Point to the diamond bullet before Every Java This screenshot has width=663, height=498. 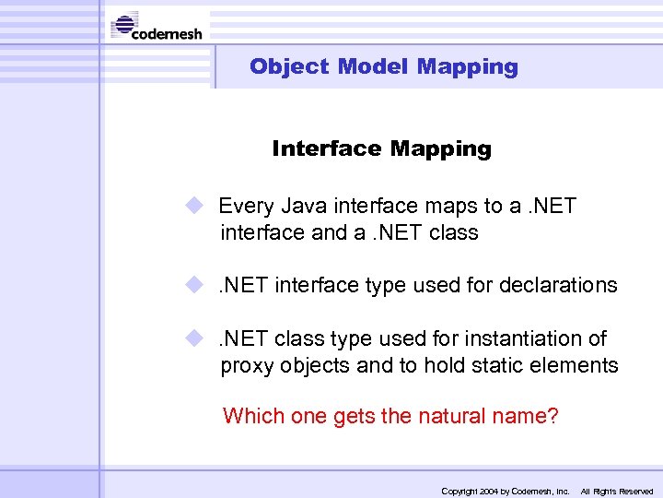tap(192, 206)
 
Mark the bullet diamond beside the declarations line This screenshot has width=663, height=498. tap(192, 285)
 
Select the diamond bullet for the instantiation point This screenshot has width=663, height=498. tap(192, 338)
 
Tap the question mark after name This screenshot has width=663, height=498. tap(552, 416)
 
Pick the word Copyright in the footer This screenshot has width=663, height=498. tap(459, 492)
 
